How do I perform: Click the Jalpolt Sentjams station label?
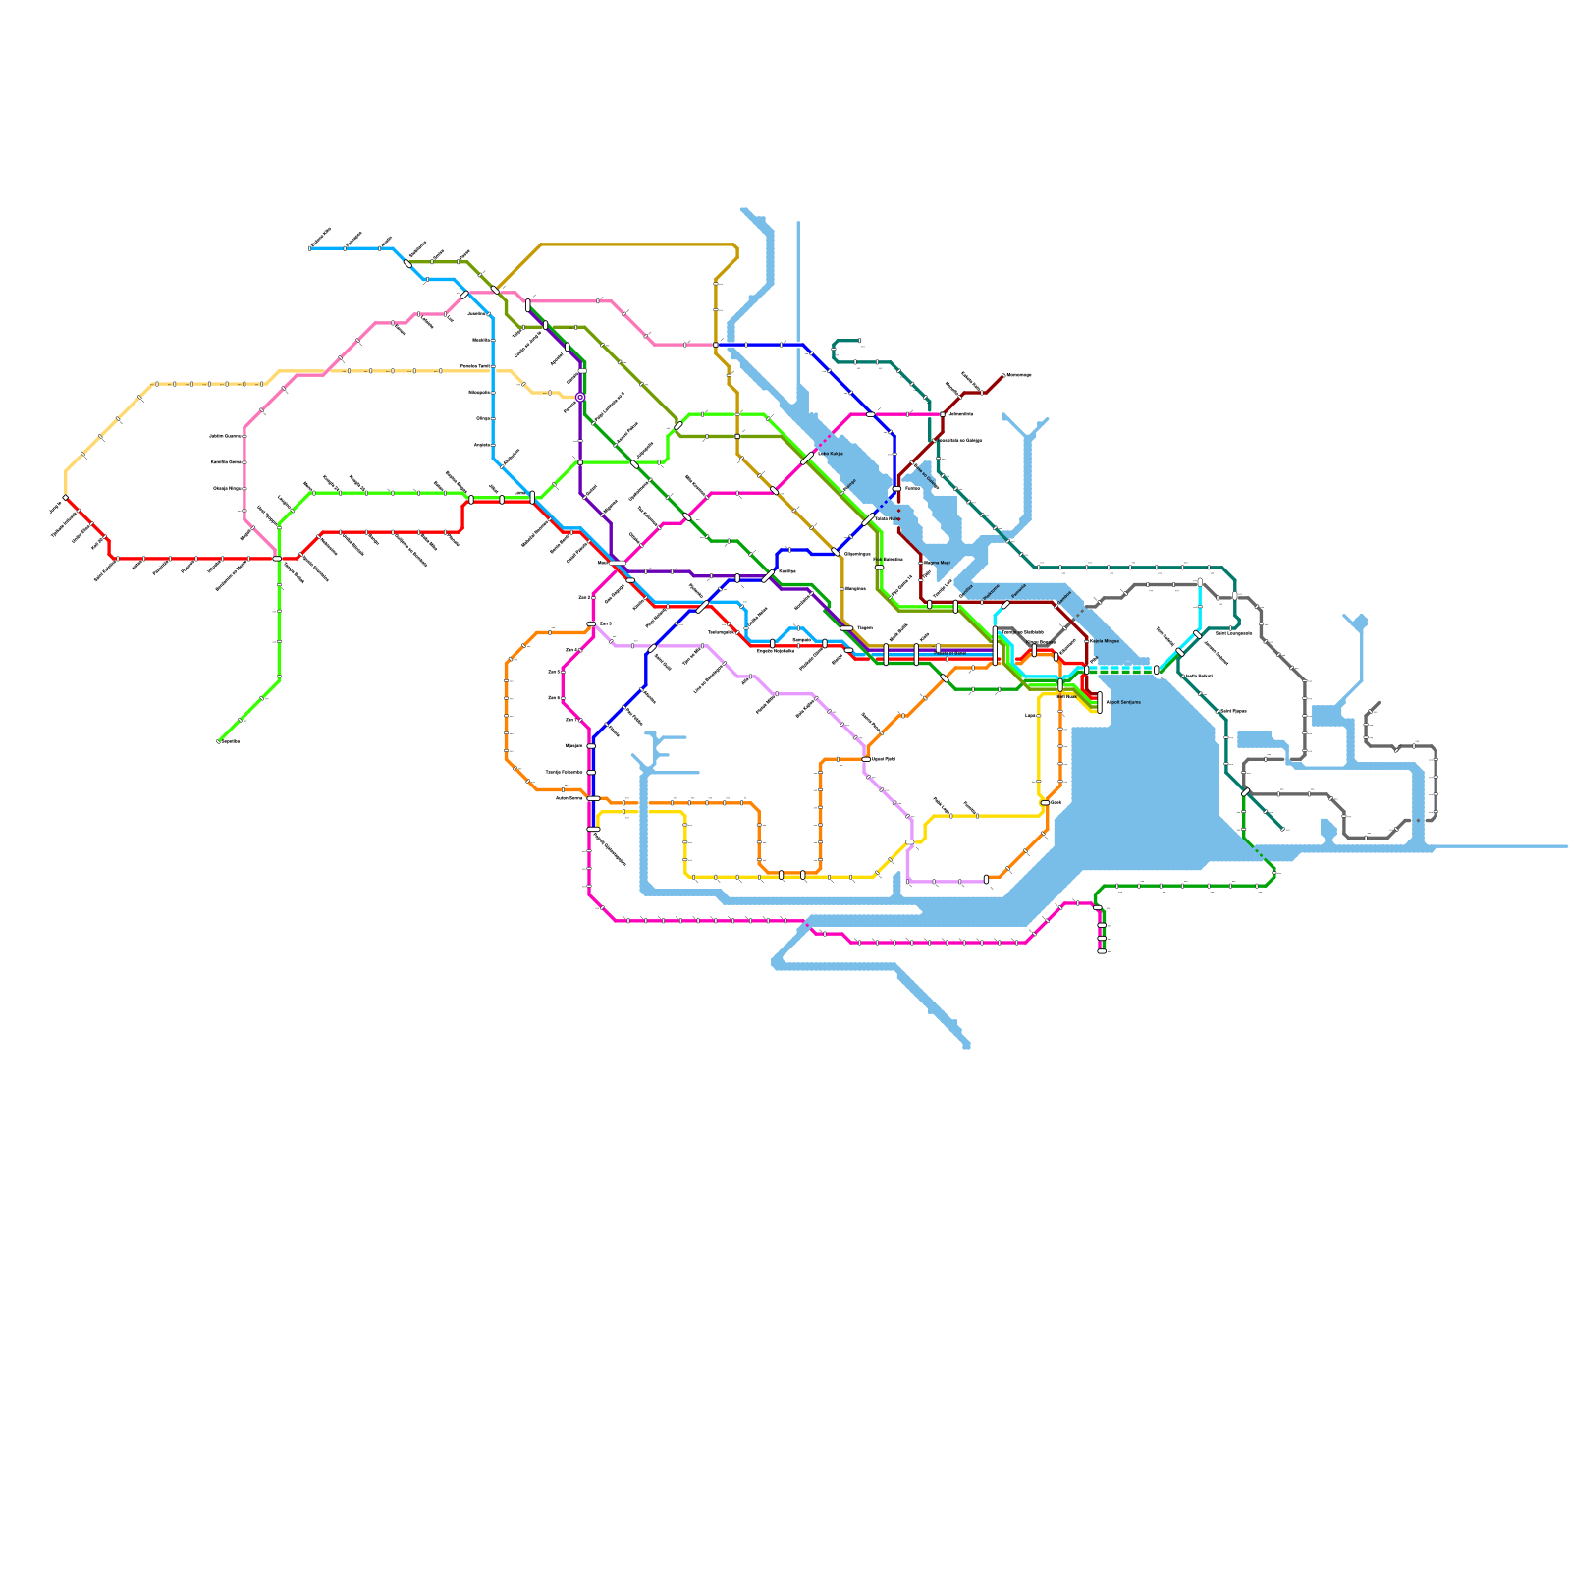pos(1122,702)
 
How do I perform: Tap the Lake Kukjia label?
pos(831,454)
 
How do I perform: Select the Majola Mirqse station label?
pos(1104,641)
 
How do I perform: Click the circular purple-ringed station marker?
pos(580,397)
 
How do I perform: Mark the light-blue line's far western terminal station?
pos(310,248)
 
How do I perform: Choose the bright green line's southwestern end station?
pos(218,741)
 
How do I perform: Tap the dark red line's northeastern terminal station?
pos(1002,375)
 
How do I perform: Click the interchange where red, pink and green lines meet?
pos(278,559)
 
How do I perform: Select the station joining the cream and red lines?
pos(66,498)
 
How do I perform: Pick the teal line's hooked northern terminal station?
pos(859,341)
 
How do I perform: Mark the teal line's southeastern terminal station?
pos(1282,830)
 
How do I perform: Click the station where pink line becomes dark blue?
pos(716,345)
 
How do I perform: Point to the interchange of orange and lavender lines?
pos(866,758)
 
